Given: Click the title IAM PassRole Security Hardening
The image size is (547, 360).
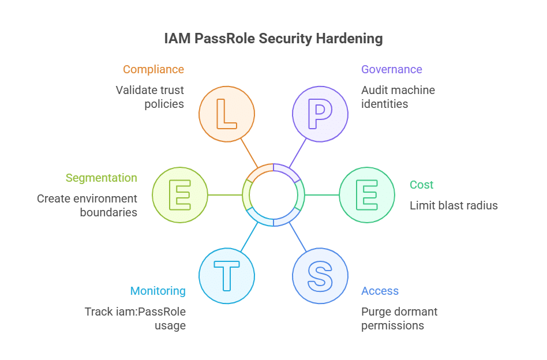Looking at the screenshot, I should click(273, 39).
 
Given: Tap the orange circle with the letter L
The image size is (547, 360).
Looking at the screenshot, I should click(227, 114).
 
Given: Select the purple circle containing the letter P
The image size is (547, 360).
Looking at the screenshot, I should click(320, 114).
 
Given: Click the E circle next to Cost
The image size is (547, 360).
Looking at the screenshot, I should click(367, 195).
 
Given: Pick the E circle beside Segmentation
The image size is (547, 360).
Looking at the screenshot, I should click(180, 195).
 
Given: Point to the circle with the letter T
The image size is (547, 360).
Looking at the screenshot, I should click(227, 276).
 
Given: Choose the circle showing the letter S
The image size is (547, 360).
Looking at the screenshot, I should click(320, 276).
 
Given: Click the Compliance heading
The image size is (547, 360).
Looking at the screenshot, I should click(153, 70).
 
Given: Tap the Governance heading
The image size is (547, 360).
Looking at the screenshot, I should click(392, 70).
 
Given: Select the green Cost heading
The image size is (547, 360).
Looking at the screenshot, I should click(421, 185).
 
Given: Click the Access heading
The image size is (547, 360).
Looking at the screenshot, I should click(380, 291).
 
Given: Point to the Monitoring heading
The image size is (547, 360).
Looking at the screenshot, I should click(158, 291).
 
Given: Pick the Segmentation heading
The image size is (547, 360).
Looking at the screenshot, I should click(102, 178).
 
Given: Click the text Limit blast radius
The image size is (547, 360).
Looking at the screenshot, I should click(454, 205).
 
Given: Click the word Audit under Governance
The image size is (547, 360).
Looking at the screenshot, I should click(374, 91).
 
